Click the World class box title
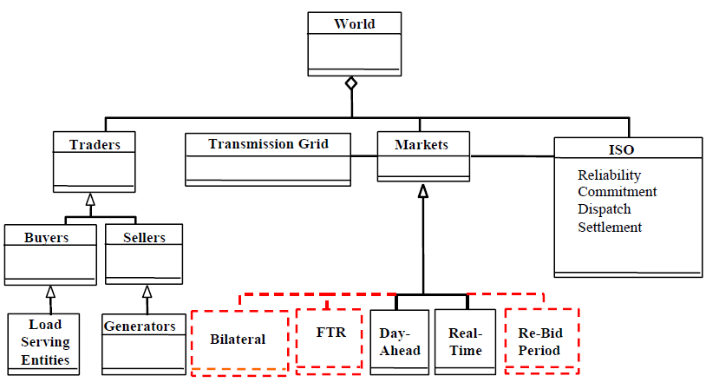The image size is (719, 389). (x=354, y=23)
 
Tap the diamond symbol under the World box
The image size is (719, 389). (x=350, y=84)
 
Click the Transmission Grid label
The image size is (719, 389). (x=268, y=143)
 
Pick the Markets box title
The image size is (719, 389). (x=422, y=144)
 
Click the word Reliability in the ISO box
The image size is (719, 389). (x=609, y=175)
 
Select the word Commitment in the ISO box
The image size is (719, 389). (x=617, y=192)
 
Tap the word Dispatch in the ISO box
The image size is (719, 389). (x=604, y=209)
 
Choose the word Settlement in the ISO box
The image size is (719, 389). (x=610, y=227)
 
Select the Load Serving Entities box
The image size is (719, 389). (x=45, y=343)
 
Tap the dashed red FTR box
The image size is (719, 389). (x=328, y=333)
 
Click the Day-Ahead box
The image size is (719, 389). (x=400, y=341)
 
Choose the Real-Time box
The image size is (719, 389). (x=464, y=341)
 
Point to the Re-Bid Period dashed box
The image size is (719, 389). (x=540, y=341)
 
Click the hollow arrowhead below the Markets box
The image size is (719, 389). (x=422, y=191)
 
